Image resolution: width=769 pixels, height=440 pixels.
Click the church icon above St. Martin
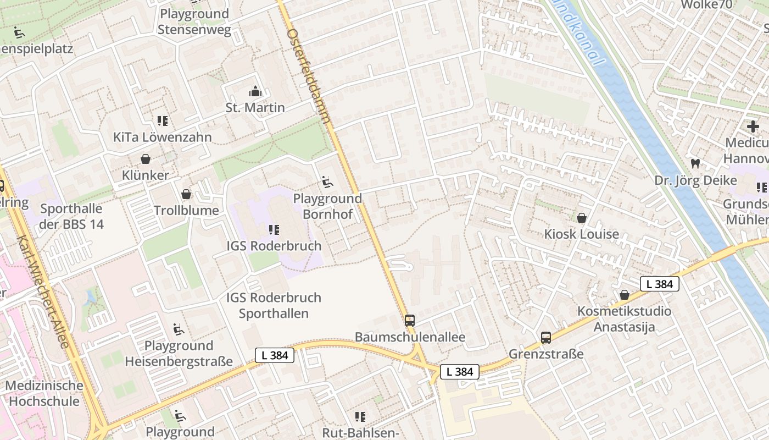pyautogui.click(x=255, y=91)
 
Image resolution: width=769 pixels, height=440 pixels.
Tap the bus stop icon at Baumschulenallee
pyautogui.click(x=410, y=321)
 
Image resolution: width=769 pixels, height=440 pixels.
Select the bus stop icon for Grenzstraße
pyautogui.click(x=545, y=338)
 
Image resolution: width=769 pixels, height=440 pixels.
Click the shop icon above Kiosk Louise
pyautogui.click(x=581, y=218)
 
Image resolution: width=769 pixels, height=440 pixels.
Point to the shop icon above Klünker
pyautogui.click(x=146, y=159)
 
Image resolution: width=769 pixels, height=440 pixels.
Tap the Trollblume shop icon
pyautogui.click(x=186, y=194)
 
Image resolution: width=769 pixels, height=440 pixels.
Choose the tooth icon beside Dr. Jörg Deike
pyautogui.click(x=695, y=163)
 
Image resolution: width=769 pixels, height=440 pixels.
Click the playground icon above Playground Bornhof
pyautogui.click(x=327, y=182)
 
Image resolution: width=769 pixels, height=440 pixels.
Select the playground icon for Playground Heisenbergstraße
pyautogui.click(x=179, y=329)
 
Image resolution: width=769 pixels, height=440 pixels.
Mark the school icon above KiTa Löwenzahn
pyautogui.click(x=162, y=120)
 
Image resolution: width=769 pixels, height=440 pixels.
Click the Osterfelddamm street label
pyautogui.click(x=309, y=75)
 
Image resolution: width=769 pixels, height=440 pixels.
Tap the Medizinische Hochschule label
pyautogui.click(x=44, y=393)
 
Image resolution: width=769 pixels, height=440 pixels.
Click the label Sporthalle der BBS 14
pyautogui.click(x=71, y=216)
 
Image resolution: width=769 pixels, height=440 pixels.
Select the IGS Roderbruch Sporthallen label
pyautogui.click(x=274, y=305)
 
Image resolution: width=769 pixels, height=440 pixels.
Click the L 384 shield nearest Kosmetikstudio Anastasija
pyautogui.click(x=659, y=284)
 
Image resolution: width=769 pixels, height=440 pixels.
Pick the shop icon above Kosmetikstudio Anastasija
pyautogui.click(x=625, y=295)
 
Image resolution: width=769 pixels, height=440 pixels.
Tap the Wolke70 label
pyautogui.click(x=706, y=4)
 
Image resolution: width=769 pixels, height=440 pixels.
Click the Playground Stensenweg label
pyautogui.click(x=194, y=22)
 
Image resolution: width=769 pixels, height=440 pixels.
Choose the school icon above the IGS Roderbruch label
pyautogui.click(x=274, y=229)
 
